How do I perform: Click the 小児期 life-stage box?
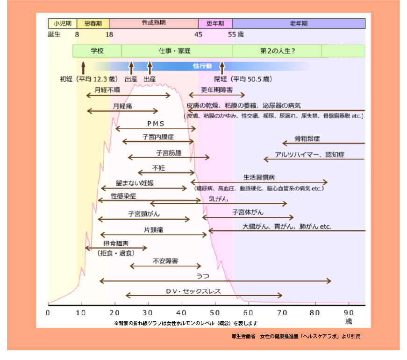[x=62, y=23]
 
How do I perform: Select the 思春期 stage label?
[x=93, y=23]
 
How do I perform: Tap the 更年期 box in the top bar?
[x=215, y=23]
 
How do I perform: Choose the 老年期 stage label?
[x=299, y=23]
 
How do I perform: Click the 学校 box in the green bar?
[x=97, y=50]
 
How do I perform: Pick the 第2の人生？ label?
[x=277, y=50]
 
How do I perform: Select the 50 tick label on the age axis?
[x=215, y=312]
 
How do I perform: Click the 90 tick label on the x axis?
[x=349, y=312]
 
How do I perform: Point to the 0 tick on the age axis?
[x=49, y=312]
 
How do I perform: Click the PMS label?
[x=156, y=124]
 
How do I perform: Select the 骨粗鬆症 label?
[x=307, y=138]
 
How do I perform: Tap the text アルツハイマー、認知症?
[x=309, y=155]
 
